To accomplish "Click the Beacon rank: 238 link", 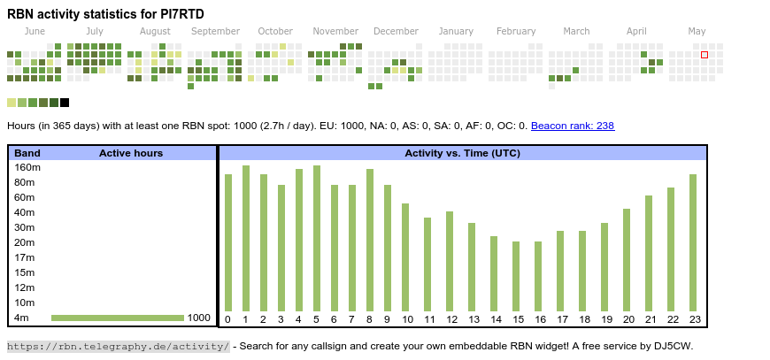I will (573, 126).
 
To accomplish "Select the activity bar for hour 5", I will (316, 238).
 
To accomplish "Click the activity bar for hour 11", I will (427, 264).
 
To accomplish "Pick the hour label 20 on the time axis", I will (628, 319).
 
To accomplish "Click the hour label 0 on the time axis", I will (227, 319).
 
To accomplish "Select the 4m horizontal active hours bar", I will (117, 318).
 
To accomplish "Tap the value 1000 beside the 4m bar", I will (199, 318).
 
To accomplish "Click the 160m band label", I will (27, 167).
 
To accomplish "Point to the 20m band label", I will (25, 242).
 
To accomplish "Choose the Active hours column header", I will (131, 153).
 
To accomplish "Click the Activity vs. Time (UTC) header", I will (462, 153).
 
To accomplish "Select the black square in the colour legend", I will (65, 103).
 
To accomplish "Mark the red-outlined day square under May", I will (705, 55).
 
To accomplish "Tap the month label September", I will (215, 31).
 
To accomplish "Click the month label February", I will (516, 31).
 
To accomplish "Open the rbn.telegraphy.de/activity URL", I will (118, 346).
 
